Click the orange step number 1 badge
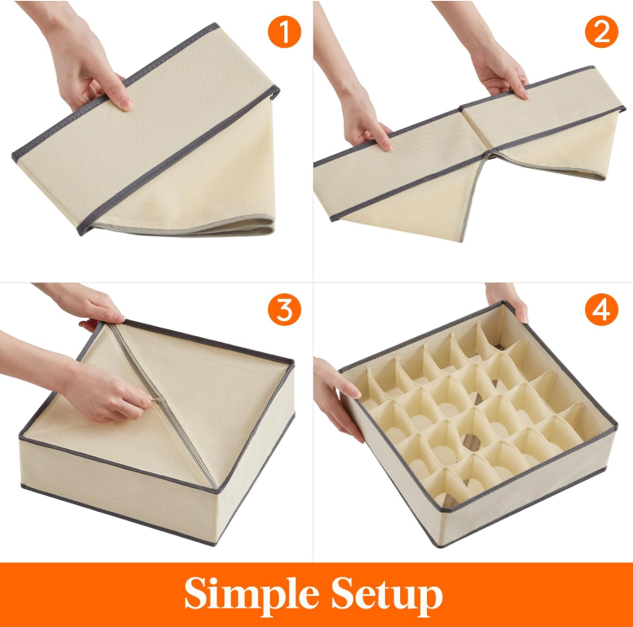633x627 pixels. click(284, 31)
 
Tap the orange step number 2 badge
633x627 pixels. click(601, 31)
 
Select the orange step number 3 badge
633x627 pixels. click(284, 309)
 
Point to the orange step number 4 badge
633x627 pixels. click(601, 309)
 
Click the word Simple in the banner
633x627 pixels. click(251, 595)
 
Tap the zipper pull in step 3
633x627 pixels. click(158, 400)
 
